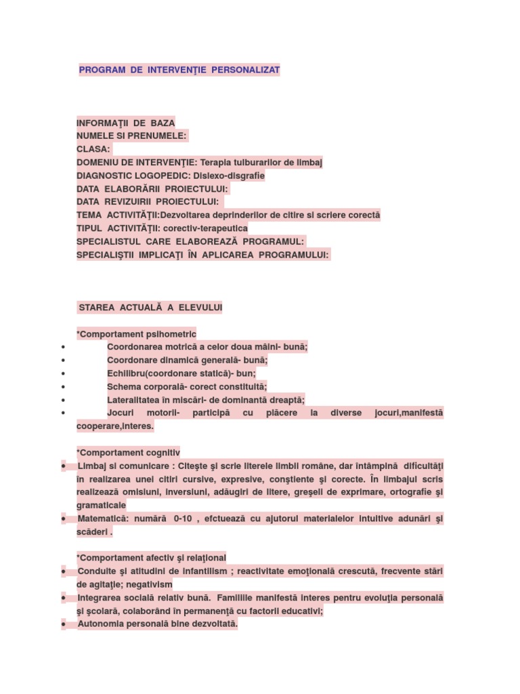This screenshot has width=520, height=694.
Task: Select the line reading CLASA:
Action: [x=93, y=149]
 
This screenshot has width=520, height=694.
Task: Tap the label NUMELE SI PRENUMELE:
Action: [x=131, y=136]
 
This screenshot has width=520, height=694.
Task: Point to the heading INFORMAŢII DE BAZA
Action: [x=126, y=123]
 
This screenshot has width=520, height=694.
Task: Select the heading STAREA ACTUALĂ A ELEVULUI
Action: [x=150, y=308]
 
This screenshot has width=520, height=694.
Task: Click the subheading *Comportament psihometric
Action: [x=136, y=334]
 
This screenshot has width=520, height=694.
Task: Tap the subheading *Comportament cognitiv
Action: [x=129, y=453]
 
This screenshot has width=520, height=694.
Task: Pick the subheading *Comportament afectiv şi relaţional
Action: [x=152, y=558]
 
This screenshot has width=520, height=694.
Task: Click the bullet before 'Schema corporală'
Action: [x=63, y=386]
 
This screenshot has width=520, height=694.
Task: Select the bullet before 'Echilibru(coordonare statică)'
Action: [x=63, y=373]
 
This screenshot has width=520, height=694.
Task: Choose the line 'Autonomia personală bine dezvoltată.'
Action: [x=158, y=624]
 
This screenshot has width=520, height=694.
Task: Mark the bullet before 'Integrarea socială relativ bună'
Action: [x=63, y=598]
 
